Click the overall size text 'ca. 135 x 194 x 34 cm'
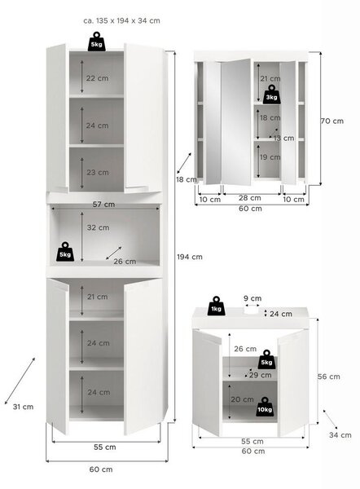pyautogui.click(x=122, y=21)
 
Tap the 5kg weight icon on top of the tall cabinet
pyautogui.click(x=97, y=42)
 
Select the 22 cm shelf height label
pyautogui.click(x=98, y=78)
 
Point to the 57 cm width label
pyautogui.click(x=103, y=205)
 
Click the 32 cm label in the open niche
pyautogui.click(x=99, y=227)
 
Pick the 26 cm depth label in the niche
pyautogui.click(x=125, y=262)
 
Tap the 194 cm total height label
pyautogui.click(x=190, y=257)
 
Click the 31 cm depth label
pyautogui.click(x=23, y=407)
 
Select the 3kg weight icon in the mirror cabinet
pyautogui.click(x=271, y=95)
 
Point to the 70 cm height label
pyautogui.click(x=332, y=121)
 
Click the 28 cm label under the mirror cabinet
pyautogui.click(x=250, y=198)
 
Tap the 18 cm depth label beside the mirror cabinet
pyautogui.click(x=187, y=179)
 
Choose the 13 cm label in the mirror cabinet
pyautogui.click(x=284, y=138)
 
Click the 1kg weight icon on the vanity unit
pyautogui.click(x=216, y=306)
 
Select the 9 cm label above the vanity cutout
pyautogui.click(x=252, y=298)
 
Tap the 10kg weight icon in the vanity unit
pyautogui.click(x=265, y=407)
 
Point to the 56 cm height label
pyautogui.click(x=329, y=377)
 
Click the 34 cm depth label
pyautogui.click(x=340, y=435)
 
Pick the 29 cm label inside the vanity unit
pyautogui.click(x=261, y=375)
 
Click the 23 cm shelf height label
pyautogui.click(x=98, y=173)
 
